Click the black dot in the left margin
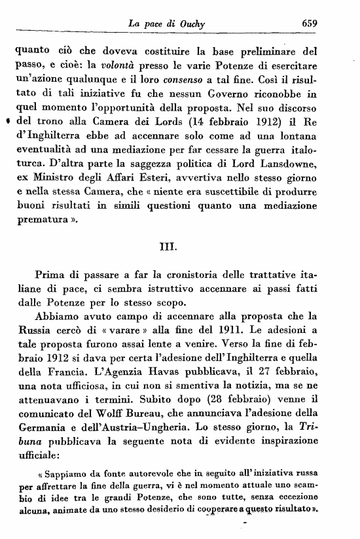pyautogui.click(x=6, y=122)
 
